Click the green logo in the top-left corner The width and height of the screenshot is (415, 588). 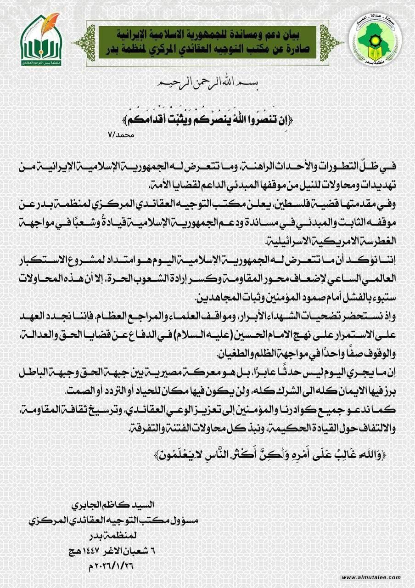pyautogui.click(x=41, y=40)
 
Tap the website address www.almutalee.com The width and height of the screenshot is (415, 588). pyautogui.click(x=371, y=577)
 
